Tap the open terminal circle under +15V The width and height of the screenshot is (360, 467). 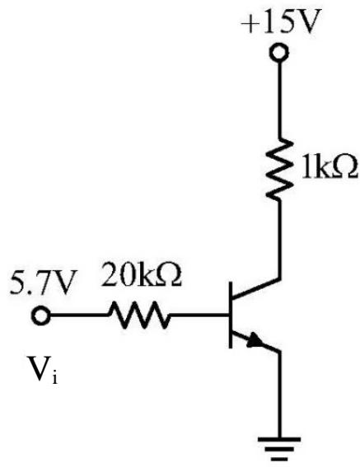(279, 53)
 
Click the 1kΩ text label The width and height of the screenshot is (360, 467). (329, 167)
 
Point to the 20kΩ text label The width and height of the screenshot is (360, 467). (141, 274)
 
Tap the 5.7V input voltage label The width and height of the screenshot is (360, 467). (41, 282)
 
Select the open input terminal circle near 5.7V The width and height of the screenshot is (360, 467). (41, 315)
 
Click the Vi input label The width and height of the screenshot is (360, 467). (43, 368)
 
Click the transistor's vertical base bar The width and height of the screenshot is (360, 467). (231, 315)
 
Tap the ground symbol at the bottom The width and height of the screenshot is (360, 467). (279, 449)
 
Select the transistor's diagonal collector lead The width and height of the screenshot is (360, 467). (256, 288)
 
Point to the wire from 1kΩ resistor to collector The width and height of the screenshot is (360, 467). (279, 239)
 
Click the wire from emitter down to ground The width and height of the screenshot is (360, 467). (279, 395)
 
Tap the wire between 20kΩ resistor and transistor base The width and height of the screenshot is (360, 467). (199, 315)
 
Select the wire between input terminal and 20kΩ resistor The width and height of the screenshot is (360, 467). (79, 315)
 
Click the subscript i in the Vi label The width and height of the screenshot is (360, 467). (54, 377)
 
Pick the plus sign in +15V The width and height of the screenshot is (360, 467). (250, 24)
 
